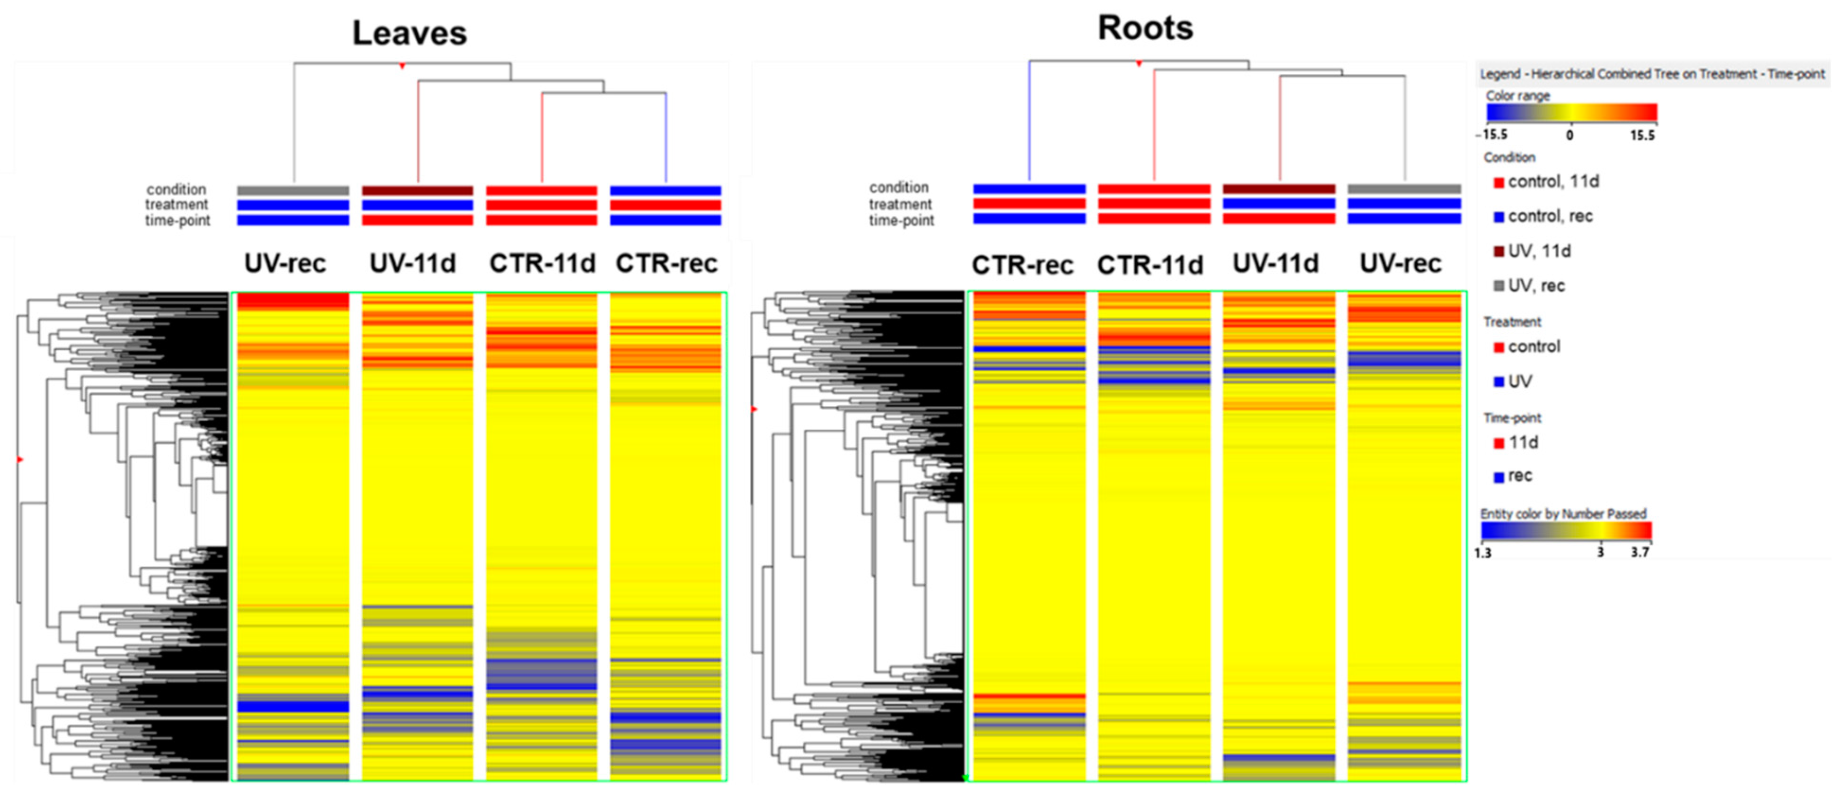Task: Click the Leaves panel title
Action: coord(410,34)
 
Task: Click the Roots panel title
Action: coord(1145,28)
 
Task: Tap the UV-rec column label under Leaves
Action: coord(285,263)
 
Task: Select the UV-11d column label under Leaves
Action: coord(412,263)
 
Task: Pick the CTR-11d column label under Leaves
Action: coord(542,263)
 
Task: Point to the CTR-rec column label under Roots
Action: coord(1022,265)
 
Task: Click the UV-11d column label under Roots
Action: coord(1276,263)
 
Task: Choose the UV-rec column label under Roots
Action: coord(1400,263)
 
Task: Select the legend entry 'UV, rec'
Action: coord(1536,286)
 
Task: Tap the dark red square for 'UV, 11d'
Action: coord(1499,252)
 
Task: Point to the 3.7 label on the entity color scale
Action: coord(1640,552)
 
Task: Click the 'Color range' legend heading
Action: coord(1518,95)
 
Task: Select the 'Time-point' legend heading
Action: coord(1512,418)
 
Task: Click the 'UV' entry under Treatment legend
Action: coord(1519,381)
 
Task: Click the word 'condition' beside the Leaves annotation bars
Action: coord(176,189)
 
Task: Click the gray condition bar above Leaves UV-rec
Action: coord(293,191)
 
